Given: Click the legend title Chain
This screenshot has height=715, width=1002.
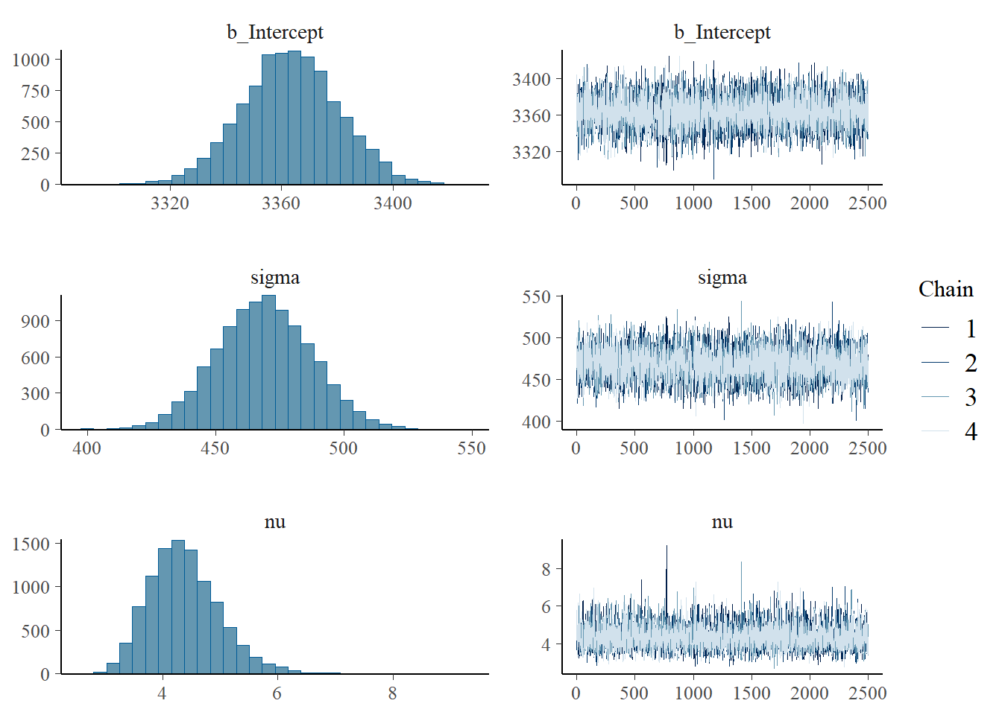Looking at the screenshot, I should pos(945,289).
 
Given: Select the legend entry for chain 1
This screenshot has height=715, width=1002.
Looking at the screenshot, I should pos(970,328).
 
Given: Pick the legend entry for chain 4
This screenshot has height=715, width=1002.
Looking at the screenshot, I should pos(970,431).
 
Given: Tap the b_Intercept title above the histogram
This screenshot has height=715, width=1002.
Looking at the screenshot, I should pos(275,32).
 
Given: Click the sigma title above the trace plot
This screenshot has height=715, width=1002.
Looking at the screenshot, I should pos(722,278).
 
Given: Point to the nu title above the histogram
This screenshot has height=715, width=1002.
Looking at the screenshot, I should pos(275,522).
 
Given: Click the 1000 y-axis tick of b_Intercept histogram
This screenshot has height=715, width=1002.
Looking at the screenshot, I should pos(31,60).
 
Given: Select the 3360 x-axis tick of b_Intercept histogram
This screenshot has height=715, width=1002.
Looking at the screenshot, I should pos(281,203).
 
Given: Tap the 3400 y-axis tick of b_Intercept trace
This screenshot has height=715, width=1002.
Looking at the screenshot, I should pos(531,79).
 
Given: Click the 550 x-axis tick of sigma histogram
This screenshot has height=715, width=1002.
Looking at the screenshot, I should pos(471,448).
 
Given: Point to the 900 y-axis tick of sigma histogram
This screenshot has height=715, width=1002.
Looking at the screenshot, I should pos(36,321).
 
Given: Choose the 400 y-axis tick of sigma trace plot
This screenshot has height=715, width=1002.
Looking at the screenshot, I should pos(536,422).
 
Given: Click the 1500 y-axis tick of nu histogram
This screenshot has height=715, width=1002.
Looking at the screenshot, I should pos(31,544).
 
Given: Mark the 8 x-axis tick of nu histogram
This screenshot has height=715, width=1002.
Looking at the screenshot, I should pos(392,693).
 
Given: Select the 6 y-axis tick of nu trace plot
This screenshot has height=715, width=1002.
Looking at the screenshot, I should pos(546,606).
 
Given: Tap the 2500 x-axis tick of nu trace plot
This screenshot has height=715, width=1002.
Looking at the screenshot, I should pos(868,693).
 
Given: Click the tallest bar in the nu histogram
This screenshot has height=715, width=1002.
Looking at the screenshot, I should pos(178,607).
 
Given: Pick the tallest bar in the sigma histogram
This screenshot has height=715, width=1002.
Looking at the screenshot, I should pos(269,363).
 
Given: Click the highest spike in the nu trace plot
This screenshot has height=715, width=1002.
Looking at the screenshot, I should pos(667,547).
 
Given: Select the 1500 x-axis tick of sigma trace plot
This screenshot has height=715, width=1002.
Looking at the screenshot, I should pos(751,448).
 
